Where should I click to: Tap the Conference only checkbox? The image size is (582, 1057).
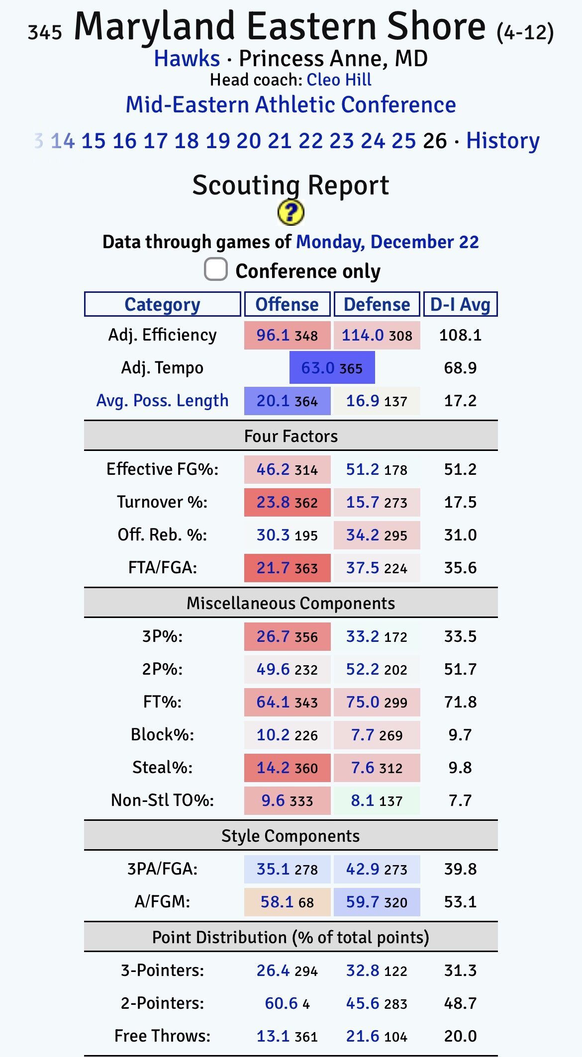[x=216, y=269]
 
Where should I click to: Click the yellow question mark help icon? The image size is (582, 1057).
[x=291, y=213]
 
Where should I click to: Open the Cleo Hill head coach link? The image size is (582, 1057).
[x=339, y=80]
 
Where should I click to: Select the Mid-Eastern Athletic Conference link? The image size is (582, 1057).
[x=291, y=105]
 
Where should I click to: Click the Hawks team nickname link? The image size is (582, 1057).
[x=187, y=59]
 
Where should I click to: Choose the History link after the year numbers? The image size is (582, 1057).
[x=502, y=141]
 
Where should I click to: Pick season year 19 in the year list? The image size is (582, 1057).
[x=217, y=141]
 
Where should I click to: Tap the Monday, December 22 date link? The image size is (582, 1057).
[x=387, y=242]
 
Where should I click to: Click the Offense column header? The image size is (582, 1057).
[x=287, y=304]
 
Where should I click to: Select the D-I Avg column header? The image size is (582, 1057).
[x=460, y=304]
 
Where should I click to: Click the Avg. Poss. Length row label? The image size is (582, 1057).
[x=162, y=400]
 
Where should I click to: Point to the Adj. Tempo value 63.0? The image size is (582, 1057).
[x=318, y=368]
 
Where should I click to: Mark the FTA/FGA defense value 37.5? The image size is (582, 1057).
[x=363, y=568]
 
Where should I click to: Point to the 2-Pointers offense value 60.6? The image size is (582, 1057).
[x=282, y=1003]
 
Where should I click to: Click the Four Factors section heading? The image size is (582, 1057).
[x=291, y=436]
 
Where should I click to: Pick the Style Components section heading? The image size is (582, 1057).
[x=291, y=836]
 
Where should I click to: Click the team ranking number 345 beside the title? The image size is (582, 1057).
[x=45, y=33]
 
